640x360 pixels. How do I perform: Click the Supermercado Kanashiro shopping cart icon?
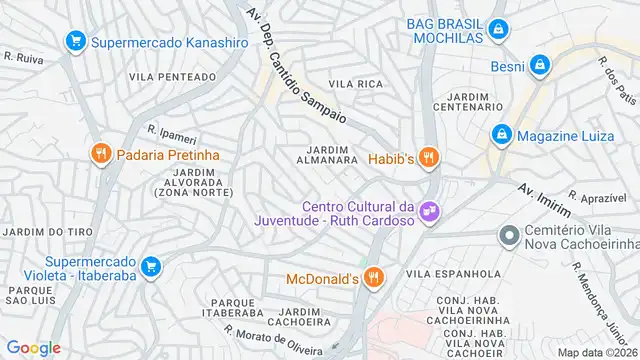coord(75,42)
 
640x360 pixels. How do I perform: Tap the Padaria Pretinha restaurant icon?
coord(99,154)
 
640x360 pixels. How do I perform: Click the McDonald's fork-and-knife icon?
coord(373,278)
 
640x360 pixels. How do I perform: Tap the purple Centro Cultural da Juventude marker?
coord(429,211)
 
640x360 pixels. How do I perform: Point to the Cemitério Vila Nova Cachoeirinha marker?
coord(509,236)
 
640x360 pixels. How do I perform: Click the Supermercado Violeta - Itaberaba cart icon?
coord(150,266)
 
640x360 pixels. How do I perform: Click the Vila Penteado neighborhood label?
coord(172,76)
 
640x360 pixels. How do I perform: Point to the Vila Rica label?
coord(357,84)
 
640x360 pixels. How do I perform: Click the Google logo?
coord(34,347)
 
